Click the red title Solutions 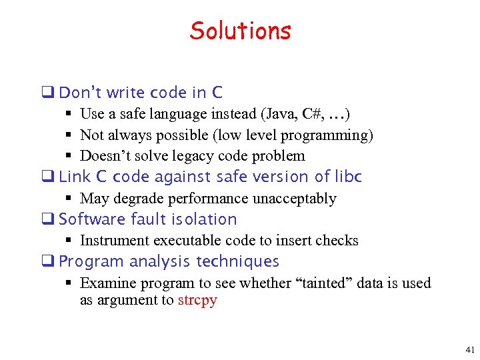coord(240,31)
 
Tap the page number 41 coord(470,349)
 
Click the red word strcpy coord(197,300)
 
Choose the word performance coord(194,199)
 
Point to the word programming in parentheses coord(329,135)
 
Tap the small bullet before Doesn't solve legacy coord(69,156)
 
